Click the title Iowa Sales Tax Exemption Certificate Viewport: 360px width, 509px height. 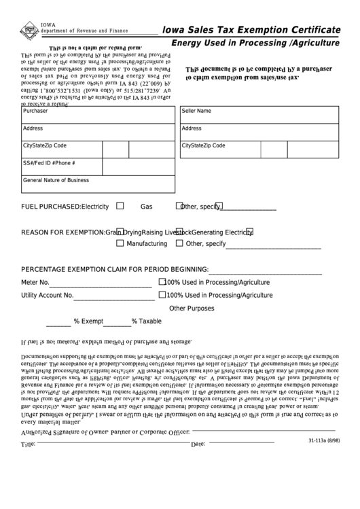251,31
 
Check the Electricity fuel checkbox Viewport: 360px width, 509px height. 120,205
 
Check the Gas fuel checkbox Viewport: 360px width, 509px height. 179,205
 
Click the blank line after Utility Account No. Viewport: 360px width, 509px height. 113,298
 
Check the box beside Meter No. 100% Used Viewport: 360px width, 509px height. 162,281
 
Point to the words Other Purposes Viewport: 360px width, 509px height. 192,309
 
